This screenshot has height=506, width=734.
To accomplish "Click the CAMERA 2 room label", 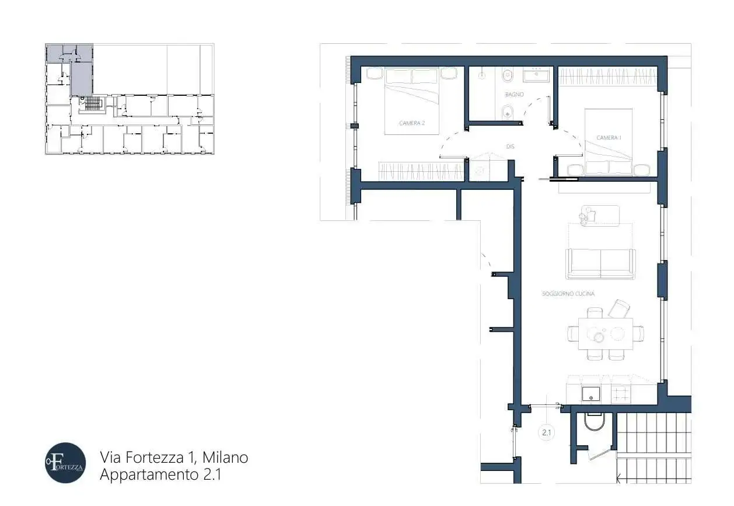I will coord(411,123).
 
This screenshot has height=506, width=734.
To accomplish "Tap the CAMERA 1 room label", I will coord(608,138).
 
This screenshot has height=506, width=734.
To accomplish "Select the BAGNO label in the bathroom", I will coord(514,94).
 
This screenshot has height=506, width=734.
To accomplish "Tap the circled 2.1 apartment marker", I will coord(547,433).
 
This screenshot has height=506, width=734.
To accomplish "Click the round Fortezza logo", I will coord(65,463).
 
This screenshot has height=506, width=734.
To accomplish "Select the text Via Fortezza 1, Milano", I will coord(174,457).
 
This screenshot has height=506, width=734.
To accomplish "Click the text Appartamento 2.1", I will coord(160,475).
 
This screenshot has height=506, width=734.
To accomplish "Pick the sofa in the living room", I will coord(600,264).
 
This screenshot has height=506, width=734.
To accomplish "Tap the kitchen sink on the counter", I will coord(592,394).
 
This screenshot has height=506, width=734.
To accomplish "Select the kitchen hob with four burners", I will coord(621,394).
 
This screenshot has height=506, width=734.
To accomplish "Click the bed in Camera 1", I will coord(609,143).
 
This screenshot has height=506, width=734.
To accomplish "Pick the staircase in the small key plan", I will coord(93,104).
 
